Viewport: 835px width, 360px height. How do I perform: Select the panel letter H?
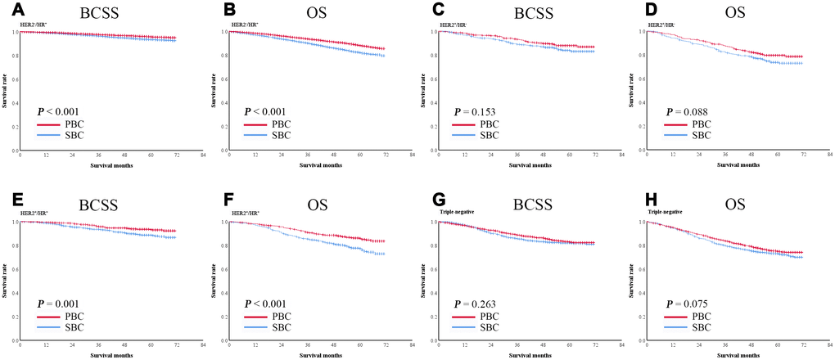635,199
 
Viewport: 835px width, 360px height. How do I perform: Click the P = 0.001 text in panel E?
65,304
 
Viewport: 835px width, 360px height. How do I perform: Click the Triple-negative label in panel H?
664,212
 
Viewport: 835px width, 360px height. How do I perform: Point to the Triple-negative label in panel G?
454,212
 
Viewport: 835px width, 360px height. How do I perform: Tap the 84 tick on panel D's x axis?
830,155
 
